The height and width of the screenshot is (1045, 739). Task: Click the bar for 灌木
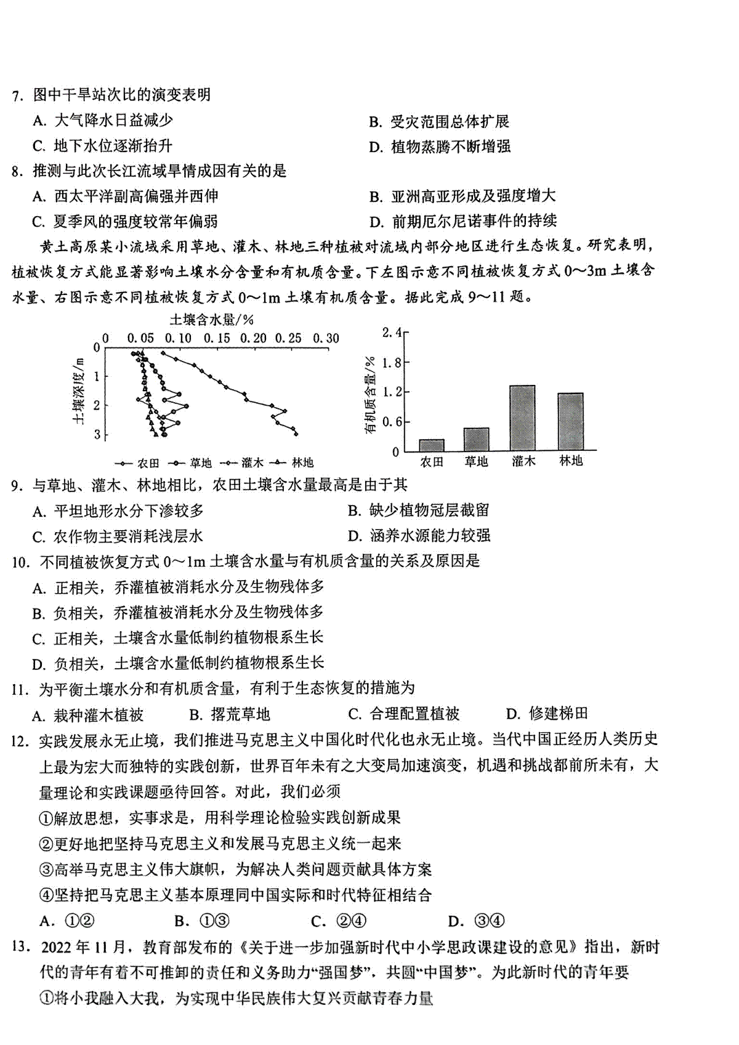tap(522, 418)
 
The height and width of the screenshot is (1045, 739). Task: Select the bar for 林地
tap(570, 422)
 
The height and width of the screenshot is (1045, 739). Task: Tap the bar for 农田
tap(431, 445)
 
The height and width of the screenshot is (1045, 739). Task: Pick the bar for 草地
tap(476, 439)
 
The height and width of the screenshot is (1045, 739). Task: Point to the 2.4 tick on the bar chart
tap(392, 333)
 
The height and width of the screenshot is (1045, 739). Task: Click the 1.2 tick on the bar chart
tap(392, 392)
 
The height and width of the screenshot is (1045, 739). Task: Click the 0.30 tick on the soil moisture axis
tap(326, 339)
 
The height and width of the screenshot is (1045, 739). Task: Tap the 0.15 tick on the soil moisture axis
tap(216, 339)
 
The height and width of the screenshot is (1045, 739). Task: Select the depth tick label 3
tap(97, 435)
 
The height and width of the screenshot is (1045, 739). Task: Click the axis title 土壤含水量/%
tap(212, 320)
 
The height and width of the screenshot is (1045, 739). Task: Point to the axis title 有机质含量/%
tap(371, 394)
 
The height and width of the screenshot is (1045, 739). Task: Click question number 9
tap(17, 486)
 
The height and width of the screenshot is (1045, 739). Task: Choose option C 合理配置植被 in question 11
tap(404, 714)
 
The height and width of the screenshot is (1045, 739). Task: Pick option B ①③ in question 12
tap(203, 921)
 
